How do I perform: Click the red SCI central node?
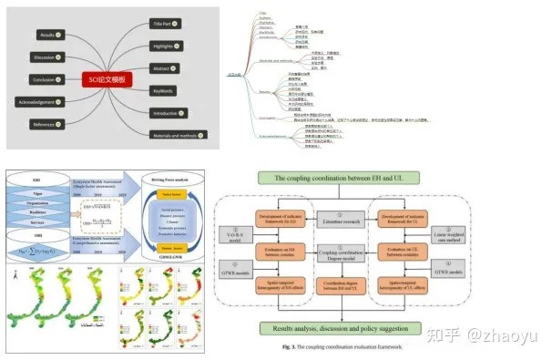coord(106,79)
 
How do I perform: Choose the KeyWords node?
coord(166,91)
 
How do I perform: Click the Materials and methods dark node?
coord(176,134)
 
